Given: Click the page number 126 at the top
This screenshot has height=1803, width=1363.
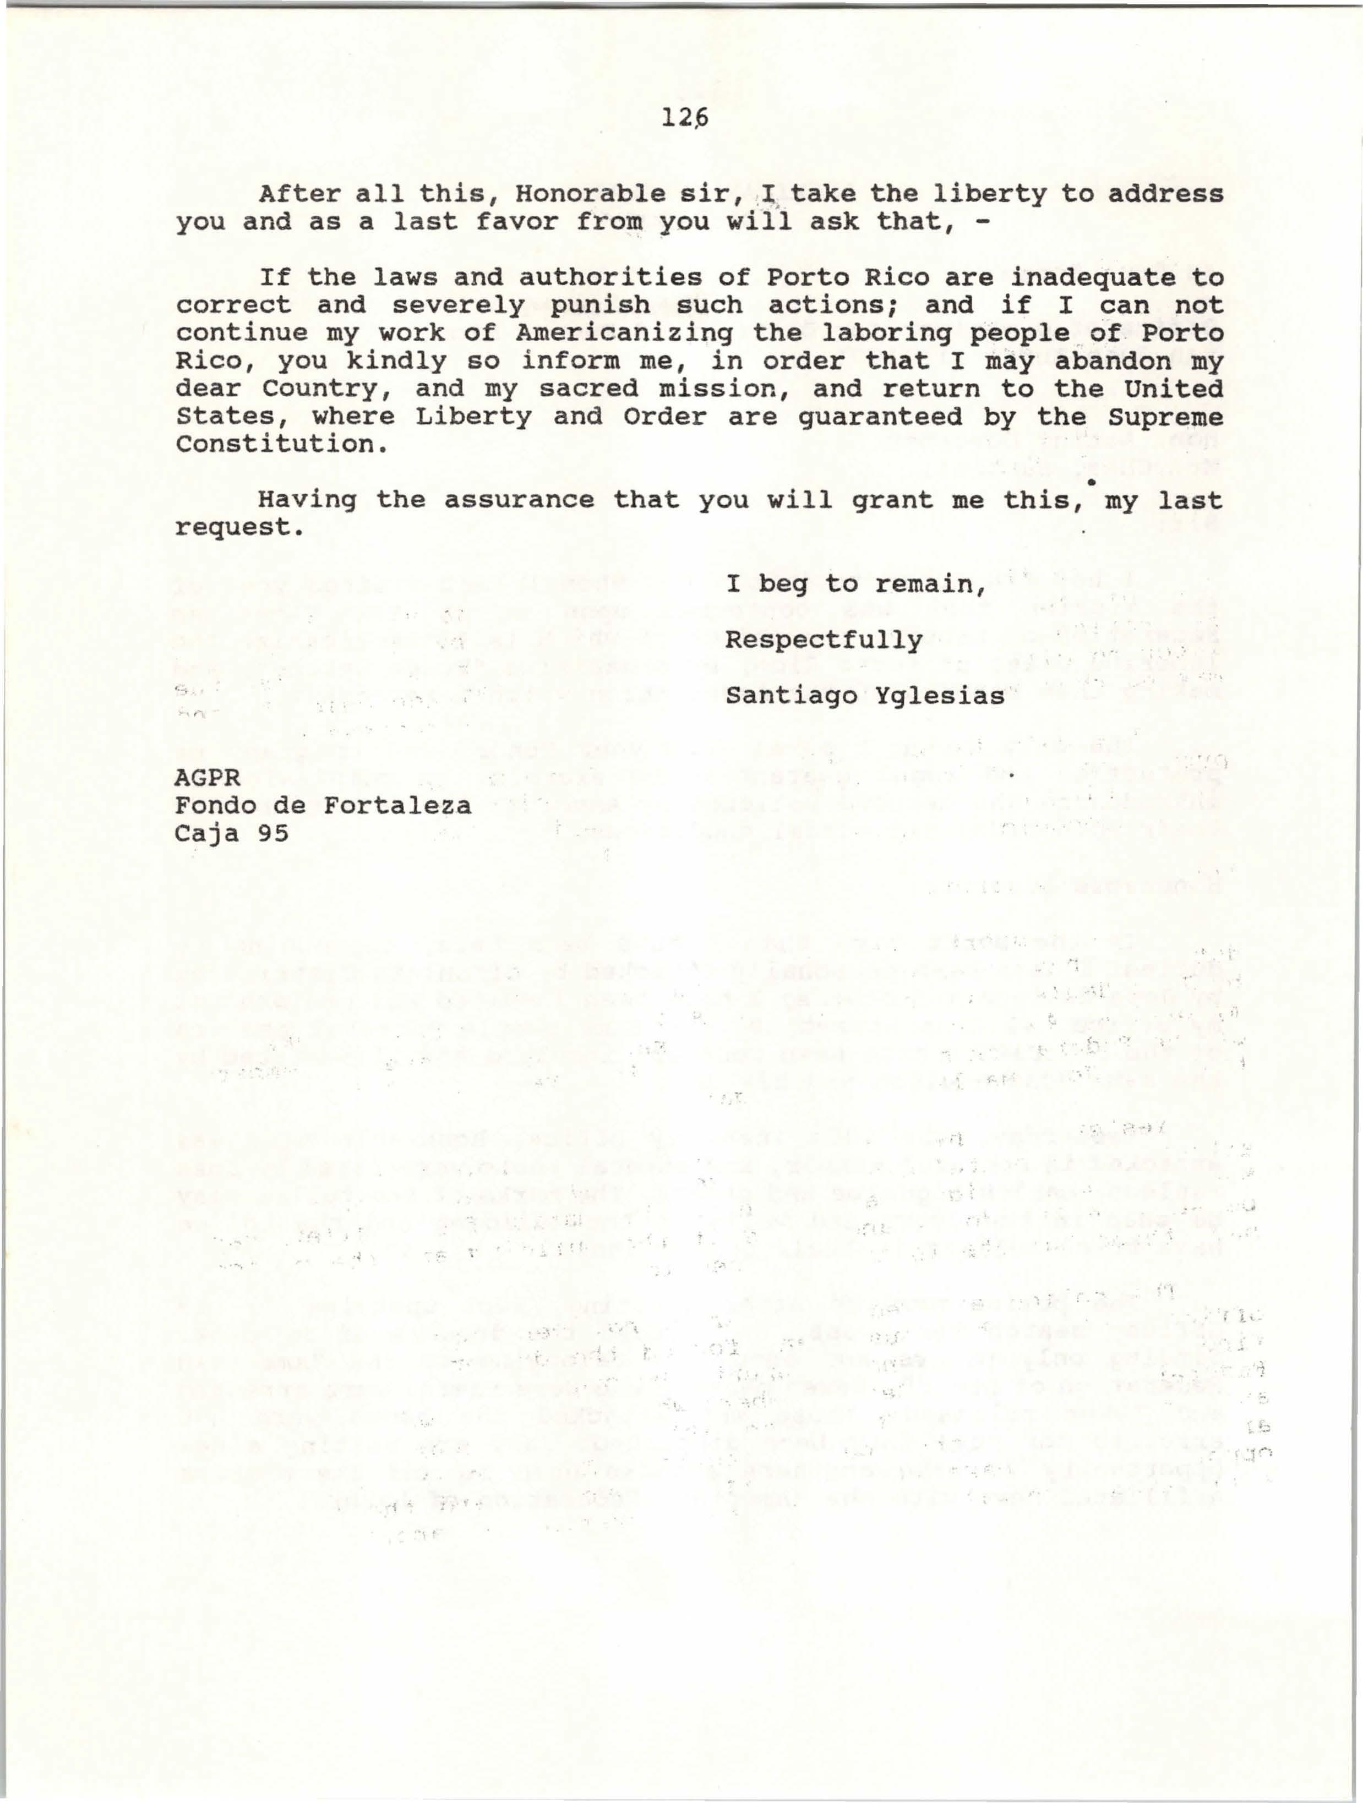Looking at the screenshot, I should [685, 119].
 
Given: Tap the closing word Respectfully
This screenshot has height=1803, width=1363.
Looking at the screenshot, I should [824, 640].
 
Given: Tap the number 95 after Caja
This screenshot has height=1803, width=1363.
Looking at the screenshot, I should [273, 833].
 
